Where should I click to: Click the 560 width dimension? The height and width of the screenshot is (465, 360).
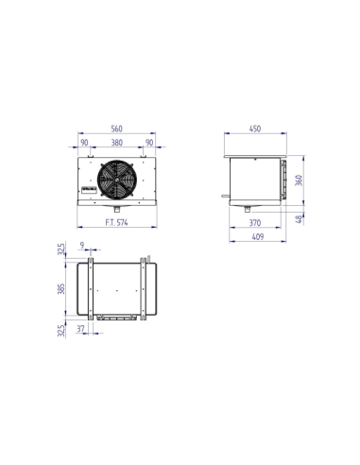point(117,129)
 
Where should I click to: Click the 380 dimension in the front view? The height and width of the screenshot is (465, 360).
point(117,144)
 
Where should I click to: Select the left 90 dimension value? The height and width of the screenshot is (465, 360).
point(85,144)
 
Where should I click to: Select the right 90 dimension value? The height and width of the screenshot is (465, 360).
point(149,144)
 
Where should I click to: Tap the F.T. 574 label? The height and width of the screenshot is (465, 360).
point(117,222)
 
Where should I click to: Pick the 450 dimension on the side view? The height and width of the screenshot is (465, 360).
point(254,129)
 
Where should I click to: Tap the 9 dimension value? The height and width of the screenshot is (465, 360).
point(83,246)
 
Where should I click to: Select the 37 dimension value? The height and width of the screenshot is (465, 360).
point(82,330)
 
